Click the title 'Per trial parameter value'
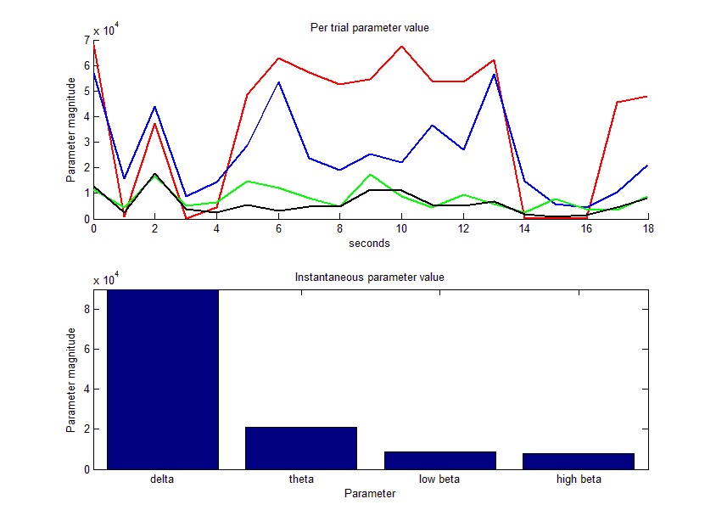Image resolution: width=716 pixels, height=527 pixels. coord(369,27)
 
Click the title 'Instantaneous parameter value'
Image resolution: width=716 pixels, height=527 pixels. coord(369,277)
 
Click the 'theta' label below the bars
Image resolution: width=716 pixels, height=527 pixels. coord(301,479)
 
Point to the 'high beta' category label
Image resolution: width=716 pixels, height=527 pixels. coord(578,479)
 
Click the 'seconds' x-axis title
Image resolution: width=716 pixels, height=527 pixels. coord(369,243)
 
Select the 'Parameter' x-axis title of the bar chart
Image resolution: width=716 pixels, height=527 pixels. coord(369,493)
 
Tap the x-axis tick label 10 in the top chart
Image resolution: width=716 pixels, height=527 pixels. coord(401,229)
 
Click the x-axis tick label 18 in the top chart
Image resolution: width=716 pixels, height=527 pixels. coord(647,229)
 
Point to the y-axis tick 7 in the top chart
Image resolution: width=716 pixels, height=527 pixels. coord(87,40)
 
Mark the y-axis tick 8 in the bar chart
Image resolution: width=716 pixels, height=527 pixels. coord(87,310)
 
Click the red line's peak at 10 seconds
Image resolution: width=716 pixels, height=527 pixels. coord(401,46)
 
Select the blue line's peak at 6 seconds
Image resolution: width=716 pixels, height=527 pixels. coord(278,82)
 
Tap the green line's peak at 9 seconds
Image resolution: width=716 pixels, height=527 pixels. coord(370,174)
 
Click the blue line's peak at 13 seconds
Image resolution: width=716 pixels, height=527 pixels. coord(494,74)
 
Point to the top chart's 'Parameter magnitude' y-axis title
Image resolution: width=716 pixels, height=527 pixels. coord(71,130)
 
